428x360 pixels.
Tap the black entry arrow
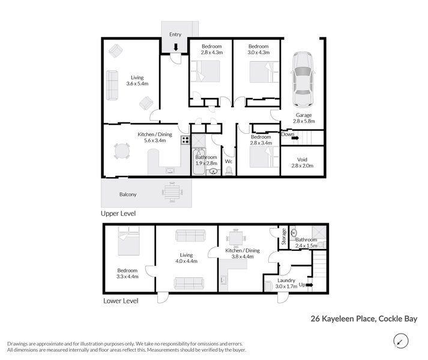pos(175,46)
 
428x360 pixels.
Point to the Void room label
pos(303,160)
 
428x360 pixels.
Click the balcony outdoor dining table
pos(172,192)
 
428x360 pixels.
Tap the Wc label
pos(229,161)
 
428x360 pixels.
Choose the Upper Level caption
pos(118,213)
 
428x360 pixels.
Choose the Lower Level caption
pos(121,300)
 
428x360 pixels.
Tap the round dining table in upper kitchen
pos(122,151)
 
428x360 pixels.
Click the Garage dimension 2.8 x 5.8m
pos(303,122)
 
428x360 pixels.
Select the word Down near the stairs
pos(288,134)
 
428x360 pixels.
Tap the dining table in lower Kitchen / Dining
pos(238,239)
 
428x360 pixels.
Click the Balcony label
pos(127,194)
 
